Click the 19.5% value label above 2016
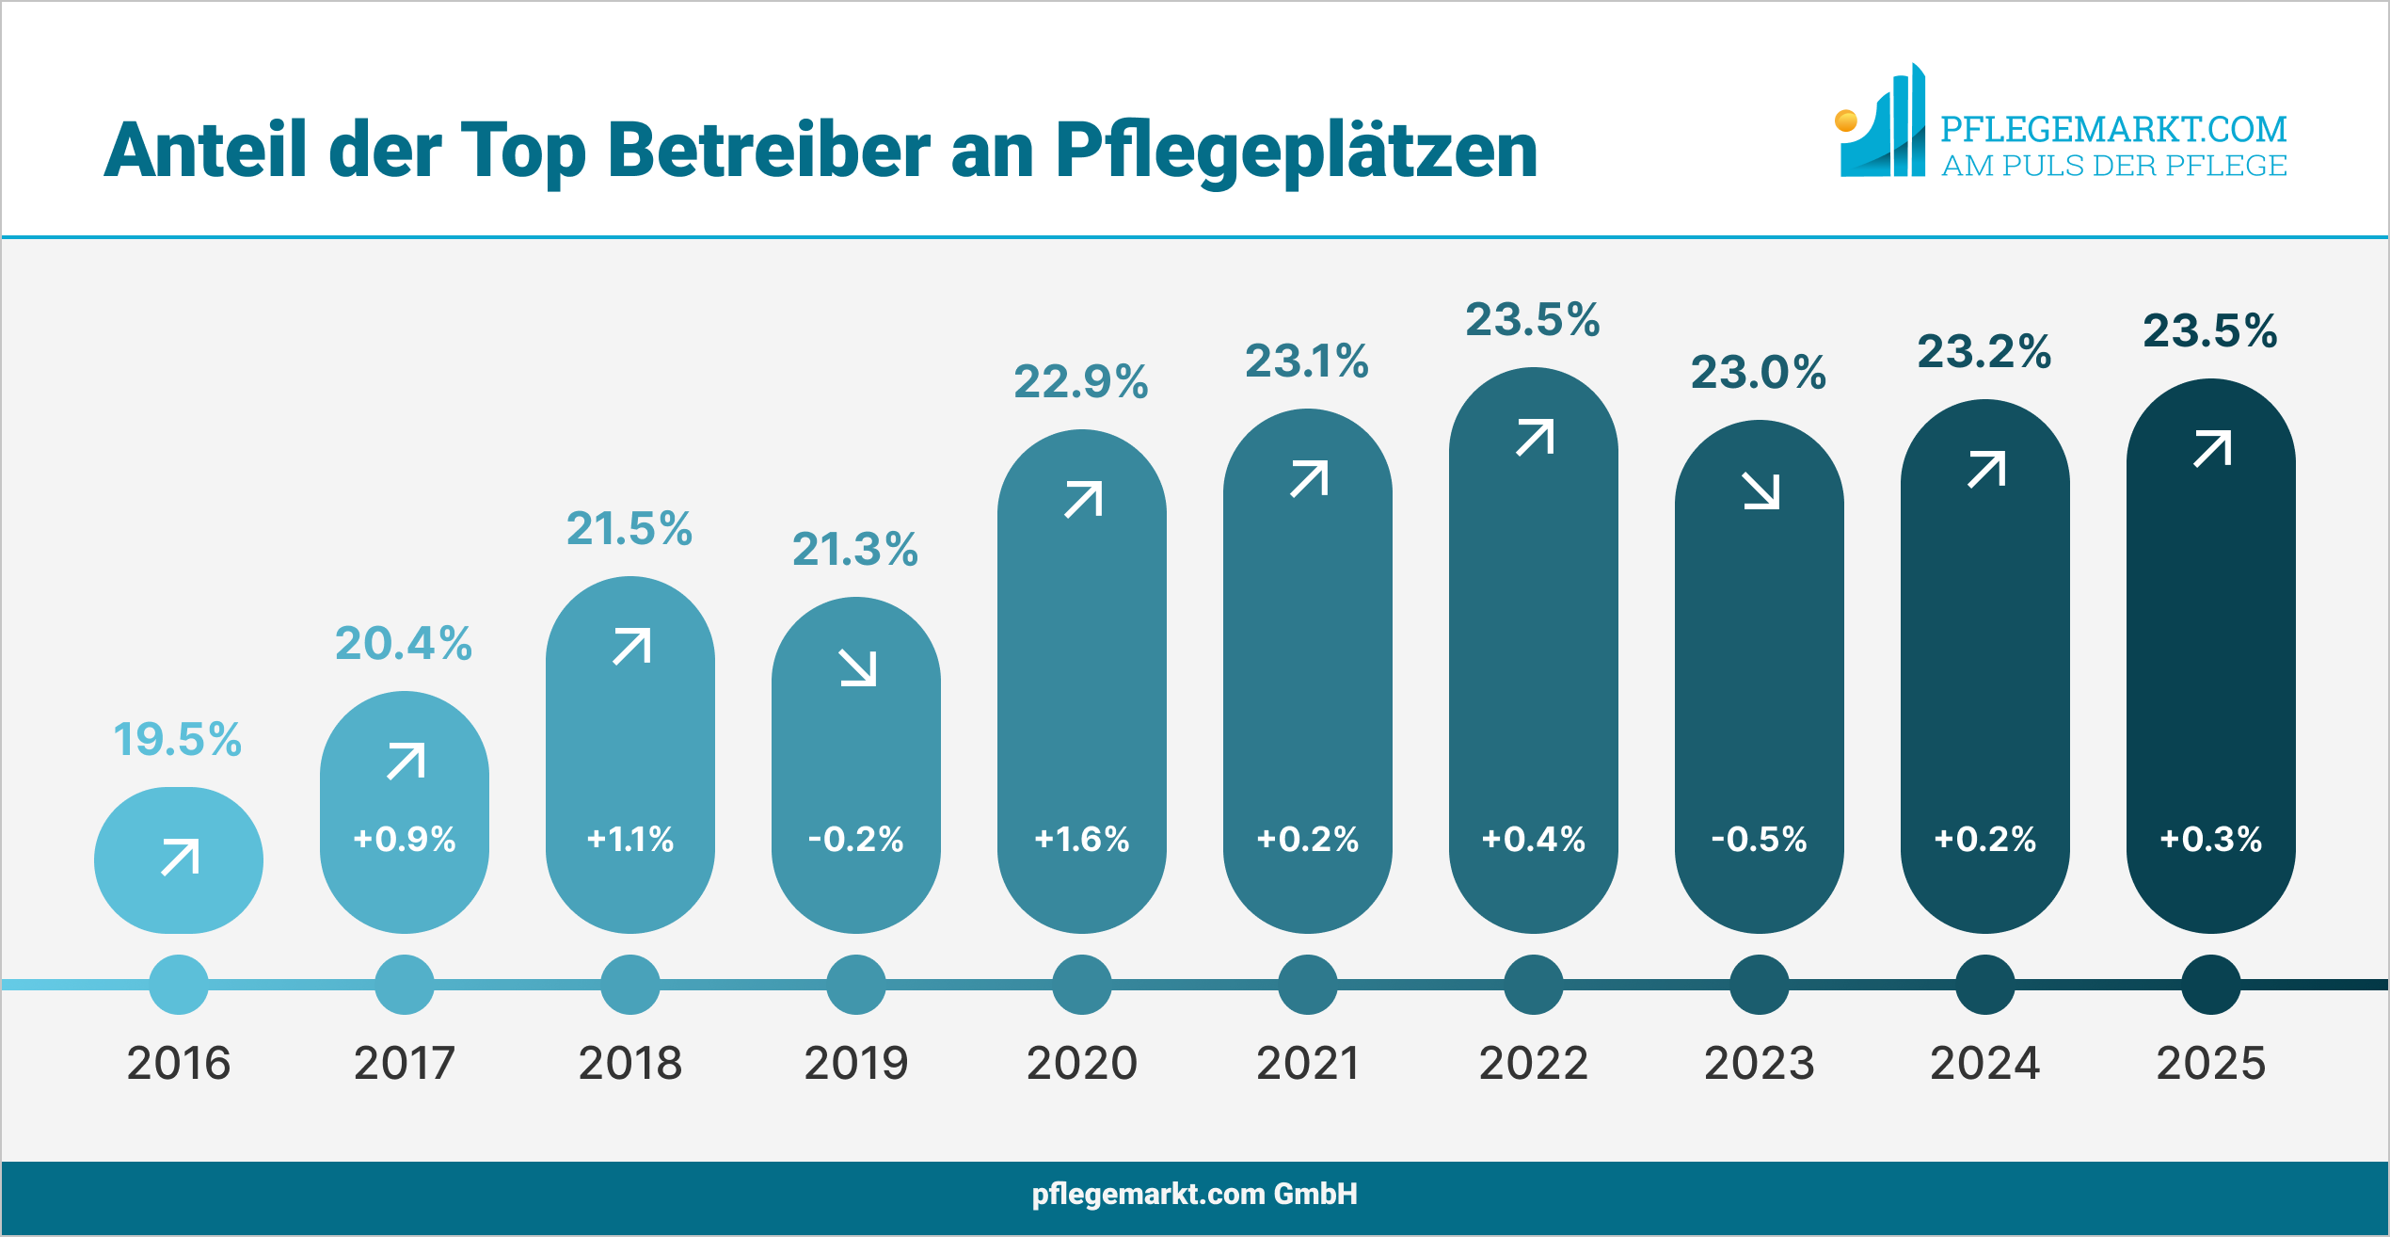(177, 739)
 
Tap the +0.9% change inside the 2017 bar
(405, 839)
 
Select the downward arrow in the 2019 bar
(857, 667)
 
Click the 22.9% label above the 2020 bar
(1080, 381)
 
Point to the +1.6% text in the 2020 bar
(1081, 839)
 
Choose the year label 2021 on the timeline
(1307, 1063)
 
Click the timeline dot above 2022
(1533, 985)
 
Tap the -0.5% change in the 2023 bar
(1759, 839)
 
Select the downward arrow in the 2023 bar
(1761, 490)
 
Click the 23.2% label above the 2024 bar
(1984, 351)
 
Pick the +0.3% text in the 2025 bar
(2210, 839)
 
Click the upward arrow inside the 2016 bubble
(180, 857)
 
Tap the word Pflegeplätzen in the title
(1296, 151)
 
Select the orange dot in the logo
(1845, 120)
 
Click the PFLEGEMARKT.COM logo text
(2112, 129)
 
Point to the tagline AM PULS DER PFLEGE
(2113, 166)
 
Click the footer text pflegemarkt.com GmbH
(1194, 1194)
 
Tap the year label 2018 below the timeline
(629, 1063)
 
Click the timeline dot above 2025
(2210, 985)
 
